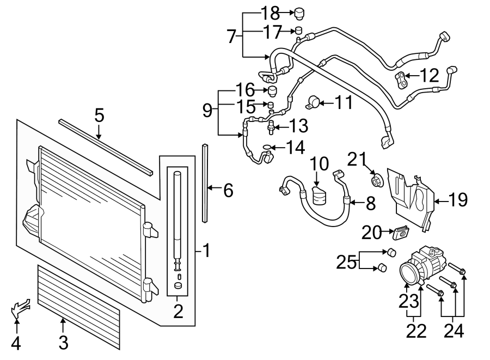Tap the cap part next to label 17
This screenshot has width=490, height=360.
click(298, 30)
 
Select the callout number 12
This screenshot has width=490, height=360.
click(430, 76)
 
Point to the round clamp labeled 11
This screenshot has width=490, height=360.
click(314, 101)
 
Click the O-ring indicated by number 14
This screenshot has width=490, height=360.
click(266, 147)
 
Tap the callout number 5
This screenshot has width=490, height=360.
click(99, 115)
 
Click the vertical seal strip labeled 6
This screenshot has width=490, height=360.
click(205, 182)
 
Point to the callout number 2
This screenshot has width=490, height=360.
click(177, 312)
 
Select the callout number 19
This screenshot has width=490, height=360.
click(458, 200)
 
